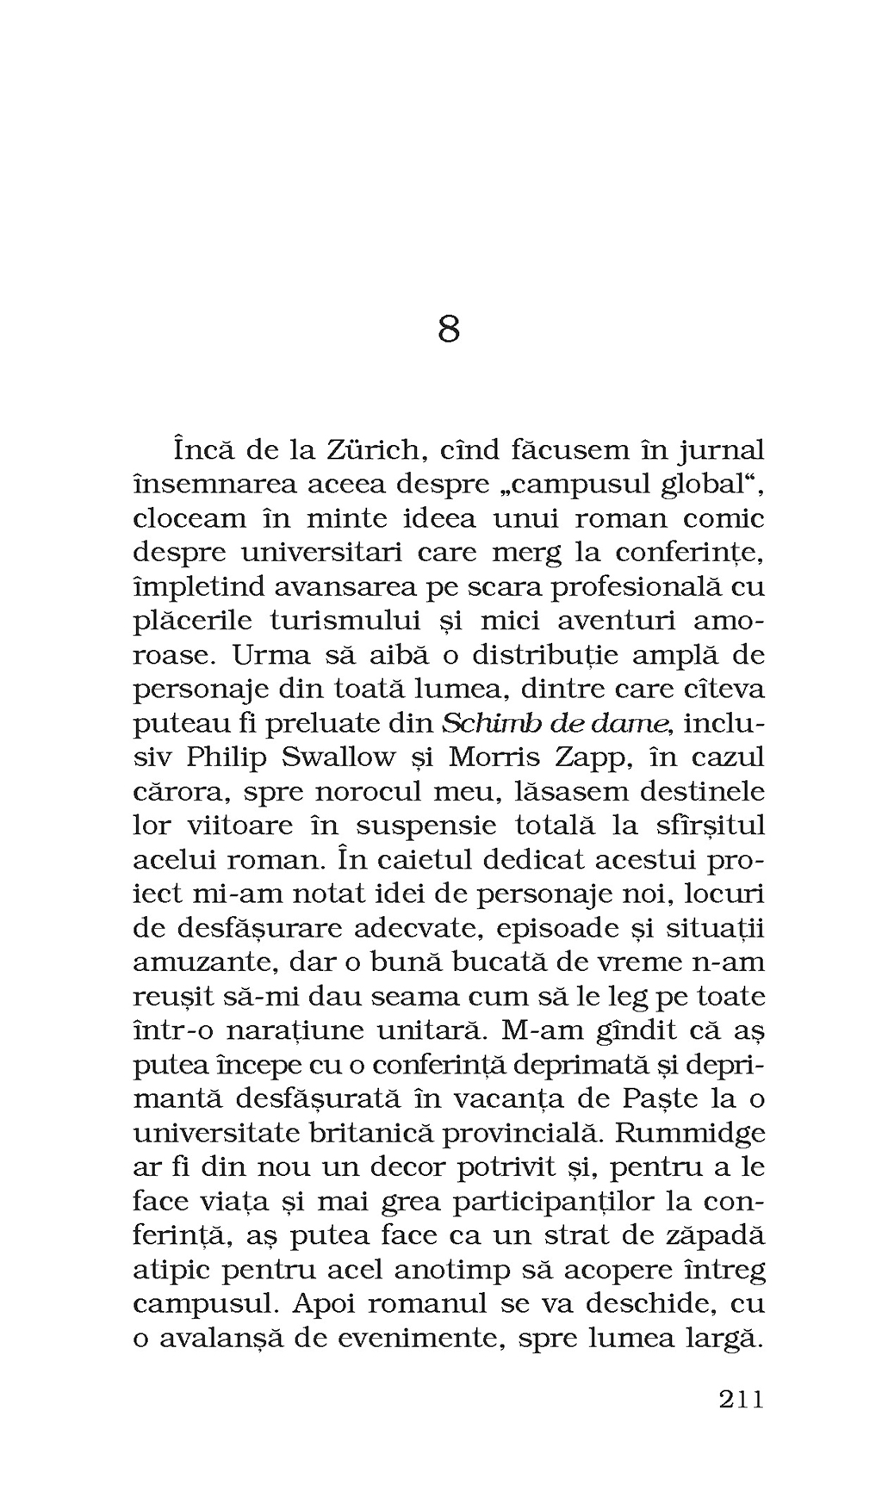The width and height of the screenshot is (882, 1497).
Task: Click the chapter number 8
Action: coord(448,329)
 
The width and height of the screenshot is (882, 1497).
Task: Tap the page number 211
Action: coord(741,1400)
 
